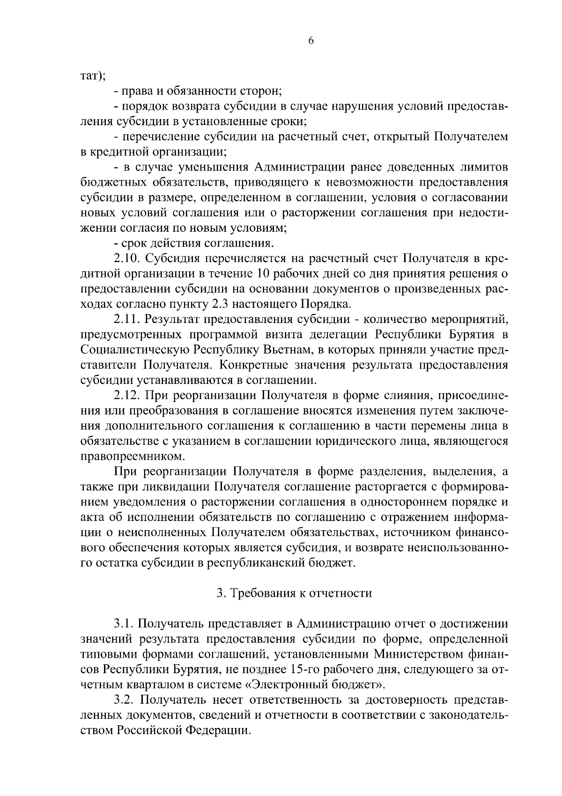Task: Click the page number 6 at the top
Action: pyautogui.click(x=311, y=41)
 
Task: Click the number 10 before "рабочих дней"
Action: pyautogui.click(x=264, y=273)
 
